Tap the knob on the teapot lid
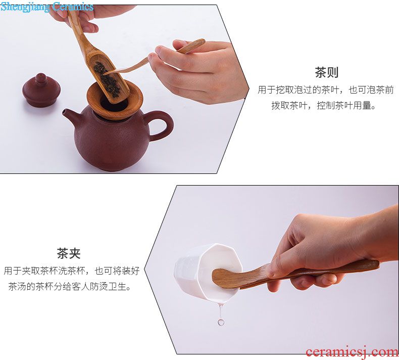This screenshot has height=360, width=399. [41, 77]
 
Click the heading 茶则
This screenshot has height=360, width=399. [326, 72]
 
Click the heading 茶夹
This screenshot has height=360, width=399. [69, 253]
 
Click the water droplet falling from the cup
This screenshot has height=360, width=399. [221, 322]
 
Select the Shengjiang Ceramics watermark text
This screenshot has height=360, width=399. [47, 7]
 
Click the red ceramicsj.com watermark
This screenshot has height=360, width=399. [352, 352]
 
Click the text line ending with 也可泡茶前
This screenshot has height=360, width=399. [325, 90]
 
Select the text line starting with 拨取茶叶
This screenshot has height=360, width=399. [323, 105]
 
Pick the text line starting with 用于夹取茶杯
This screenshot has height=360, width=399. [72, 271]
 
